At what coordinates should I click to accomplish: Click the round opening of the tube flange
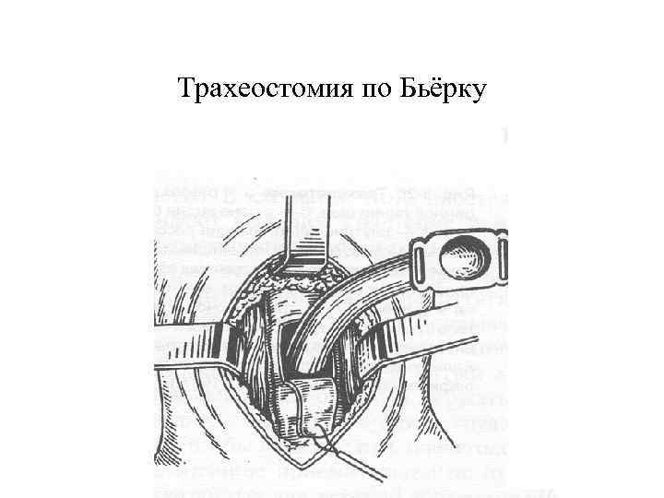tap(458, 260)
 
